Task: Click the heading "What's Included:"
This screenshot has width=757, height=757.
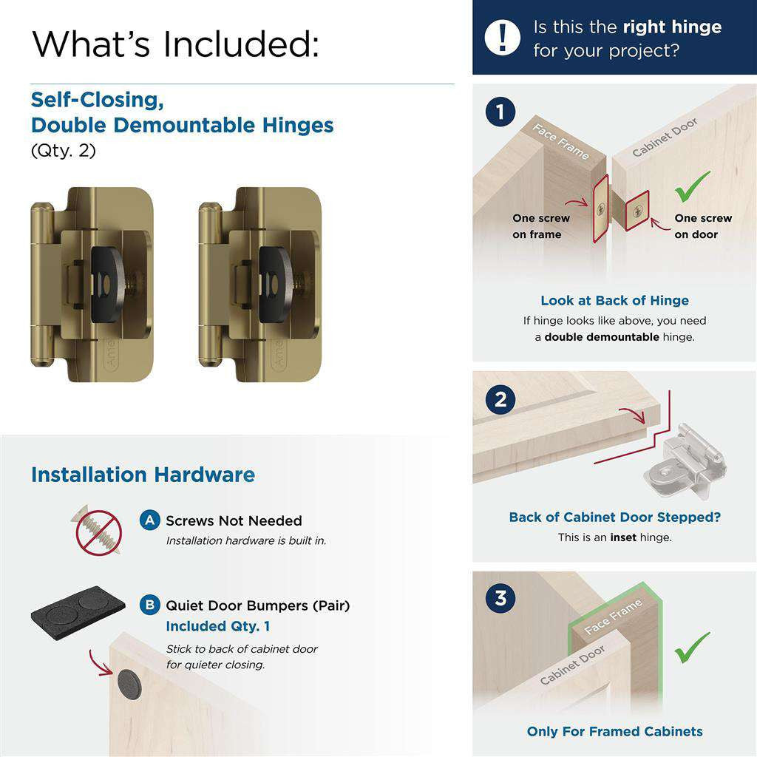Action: tap(176, 44)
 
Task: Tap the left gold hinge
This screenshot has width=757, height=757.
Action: tap(92, 285)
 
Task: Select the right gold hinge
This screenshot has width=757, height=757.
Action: tap(260, 285)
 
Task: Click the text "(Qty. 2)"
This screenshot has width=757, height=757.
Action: tap(64, 151)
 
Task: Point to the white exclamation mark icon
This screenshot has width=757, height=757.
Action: tap(503, 37)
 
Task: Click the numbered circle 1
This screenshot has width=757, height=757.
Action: tap(500, 112)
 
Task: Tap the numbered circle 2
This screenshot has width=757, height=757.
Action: tap(500, 400)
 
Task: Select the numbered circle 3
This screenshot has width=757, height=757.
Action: tap(500, 597)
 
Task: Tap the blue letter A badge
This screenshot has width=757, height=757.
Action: tap(149, 520)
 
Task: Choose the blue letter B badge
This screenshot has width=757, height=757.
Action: tap(149, 605)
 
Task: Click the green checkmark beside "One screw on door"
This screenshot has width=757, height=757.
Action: tap(692, 186)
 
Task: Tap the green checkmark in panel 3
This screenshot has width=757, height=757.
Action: tap(692, 647)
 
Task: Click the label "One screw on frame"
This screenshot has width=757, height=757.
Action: tap(541, 226)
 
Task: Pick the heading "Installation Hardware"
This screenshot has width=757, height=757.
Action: tap(143, 475)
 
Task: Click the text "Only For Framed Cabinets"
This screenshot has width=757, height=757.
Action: tap(614, 731)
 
